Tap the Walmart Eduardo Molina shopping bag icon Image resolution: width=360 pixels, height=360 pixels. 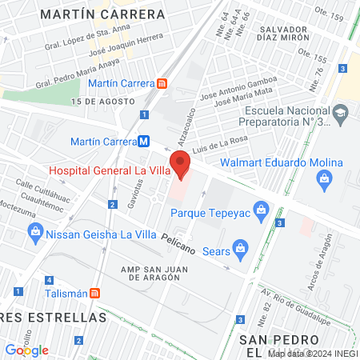coord(324,178)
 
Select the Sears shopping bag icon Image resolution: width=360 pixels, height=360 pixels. coord(238,247)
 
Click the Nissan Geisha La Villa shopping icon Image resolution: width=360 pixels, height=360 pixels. coord(34,234)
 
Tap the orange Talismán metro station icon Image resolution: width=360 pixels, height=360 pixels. coord(95,293)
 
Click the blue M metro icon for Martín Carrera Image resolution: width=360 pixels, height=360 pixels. coord(144,141)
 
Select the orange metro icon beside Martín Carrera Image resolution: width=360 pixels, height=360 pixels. coord(162,83)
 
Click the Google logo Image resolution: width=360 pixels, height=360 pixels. coord(26,350)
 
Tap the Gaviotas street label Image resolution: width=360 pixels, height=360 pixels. coord(132,192)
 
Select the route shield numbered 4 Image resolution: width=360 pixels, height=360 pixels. coord(50,280)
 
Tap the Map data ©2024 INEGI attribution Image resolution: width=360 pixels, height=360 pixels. coord(312,353)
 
